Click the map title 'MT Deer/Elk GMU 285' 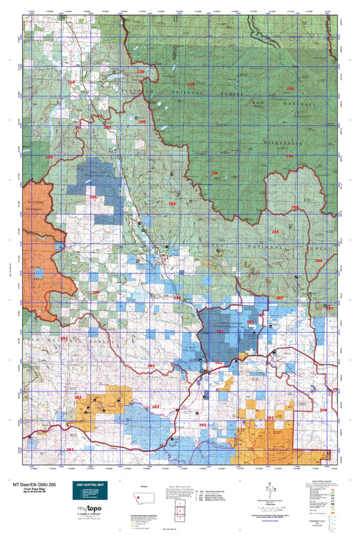(x=33, y=483)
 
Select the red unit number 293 (x=70, y=449)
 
